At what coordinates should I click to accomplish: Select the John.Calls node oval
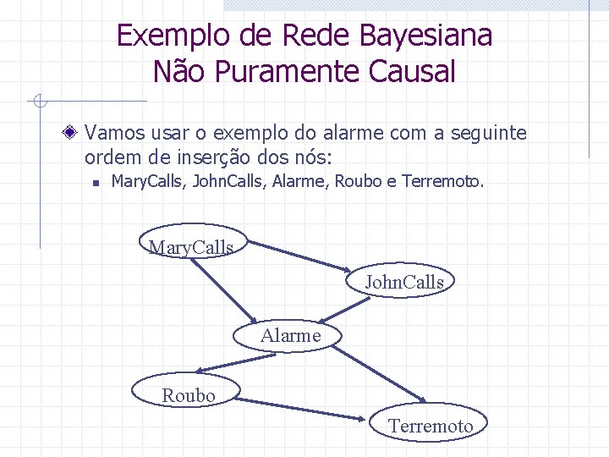pos(403,281)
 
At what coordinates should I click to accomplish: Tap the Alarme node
pos(290,335)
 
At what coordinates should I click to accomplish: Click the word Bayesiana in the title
pos(425,36)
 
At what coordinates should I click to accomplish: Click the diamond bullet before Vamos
pos(74,132)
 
